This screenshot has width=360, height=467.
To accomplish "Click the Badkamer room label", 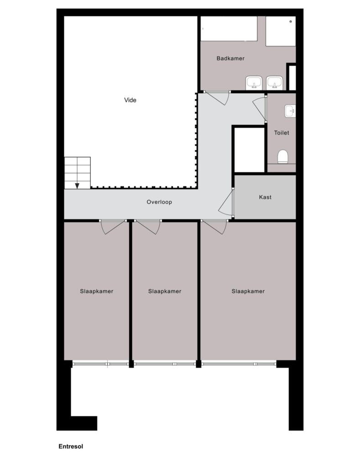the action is tap(230, 58).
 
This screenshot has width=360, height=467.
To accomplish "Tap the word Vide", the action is tap(130, 100).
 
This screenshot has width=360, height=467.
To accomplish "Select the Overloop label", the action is tap(159, 202).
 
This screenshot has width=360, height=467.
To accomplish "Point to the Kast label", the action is tap(265, 197).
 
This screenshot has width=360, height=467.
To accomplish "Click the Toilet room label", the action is tap(282, 133).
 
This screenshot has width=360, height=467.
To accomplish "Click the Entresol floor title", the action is tap(71, 446).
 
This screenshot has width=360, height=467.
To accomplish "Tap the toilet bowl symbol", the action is tap(282, 157).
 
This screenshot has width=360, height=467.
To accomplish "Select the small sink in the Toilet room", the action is tap(290, 111).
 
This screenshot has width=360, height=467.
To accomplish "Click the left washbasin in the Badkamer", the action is tap(254, 83).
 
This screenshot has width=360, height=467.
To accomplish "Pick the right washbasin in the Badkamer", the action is tap(275, 83).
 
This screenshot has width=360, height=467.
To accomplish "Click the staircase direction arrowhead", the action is tap(77, 186).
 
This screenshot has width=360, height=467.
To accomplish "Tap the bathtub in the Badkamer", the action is tap(229, 28).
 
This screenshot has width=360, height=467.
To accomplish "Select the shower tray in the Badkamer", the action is tap(281, 31).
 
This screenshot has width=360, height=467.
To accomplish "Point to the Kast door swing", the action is tap(225, 202).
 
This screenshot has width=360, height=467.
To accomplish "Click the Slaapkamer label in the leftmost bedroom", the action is tap(97, 291).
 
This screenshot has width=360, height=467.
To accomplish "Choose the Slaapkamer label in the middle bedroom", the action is tap(165, 291).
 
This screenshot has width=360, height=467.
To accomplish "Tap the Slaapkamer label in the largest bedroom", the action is tap(248, 291).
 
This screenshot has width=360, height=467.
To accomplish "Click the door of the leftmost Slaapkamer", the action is tap(112, 227).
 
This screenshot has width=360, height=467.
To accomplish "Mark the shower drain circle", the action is tap(291, 21).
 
